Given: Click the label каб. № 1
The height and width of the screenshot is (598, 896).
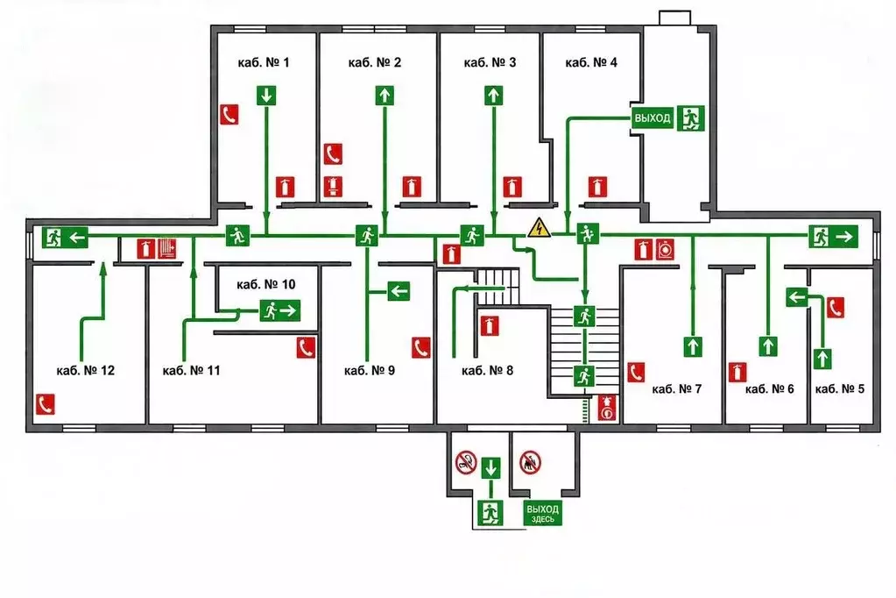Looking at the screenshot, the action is [264, 62].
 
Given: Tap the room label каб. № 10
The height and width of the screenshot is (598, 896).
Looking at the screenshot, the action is [265, 284].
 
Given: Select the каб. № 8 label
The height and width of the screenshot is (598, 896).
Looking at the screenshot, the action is [488, 371].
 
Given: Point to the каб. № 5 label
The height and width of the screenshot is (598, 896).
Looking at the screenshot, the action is [839, 389].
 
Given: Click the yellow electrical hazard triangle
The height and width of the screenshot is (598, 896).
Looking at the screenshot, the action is [539, 228].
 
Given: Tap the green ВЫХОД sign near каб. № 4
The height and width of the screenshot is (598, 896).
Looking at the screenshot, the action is [652, 118].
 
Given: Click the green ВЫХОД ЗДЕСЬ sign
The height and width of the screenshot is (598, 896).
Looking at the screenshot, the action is [542, 513].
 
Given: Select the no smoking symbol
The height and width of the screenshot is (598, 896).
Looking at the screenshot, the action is [466, 462].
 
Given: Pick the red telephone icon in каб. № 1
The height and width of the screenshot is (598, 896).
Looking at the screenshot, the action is [229, 115].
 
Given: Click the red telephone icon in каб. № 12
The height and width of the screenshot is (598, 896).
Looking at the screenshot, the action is [46, 404].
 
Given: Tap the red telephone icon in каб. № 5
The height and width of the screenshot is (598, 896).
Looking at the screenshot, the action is [836, 308].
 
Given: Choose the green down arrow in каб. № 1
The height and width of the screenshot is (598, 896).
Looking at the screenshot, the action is [265, 95].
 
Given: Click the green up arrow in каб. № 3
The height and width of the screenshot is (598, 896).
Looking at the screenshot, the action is [493, 95].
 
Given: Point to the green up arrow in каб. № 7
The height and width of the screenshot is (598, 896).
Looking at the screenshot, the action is [693, 346].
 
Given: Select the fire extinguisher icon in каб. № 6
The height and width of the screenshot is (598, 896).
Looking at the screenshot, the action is [737, 372].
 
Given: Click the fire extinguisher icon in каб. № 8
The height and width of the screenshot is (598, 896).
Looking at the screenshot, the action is [489, 325].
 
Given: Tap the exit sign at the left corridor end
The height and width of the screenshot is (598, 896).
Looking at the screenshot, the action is [65, 237].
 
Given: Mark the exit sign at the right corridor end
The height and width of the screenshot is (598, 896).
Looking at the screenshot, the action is [833, 237].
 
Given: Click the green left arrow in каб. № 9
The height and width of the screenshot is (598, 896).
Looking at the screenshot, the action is [399, 291].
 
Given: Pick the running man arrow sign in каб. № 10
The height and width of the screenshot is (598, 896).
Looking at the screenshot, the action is [280, 310].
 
